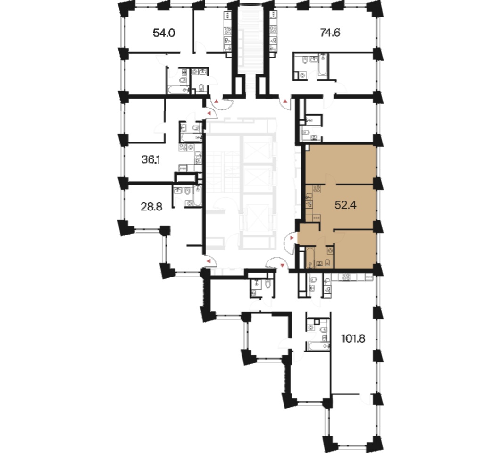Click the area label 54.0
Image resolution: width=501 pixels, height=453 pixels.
(164, 33)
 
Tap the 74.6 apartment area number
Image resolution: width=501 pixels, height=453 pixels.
(330, 33)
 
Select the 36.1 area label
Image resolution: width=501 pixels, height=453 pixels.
(150, 159)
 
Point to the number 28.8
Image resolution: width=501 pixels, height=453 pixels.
(151, 207)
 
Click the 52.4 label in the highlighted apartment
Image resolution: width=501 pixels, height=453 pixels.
(345, 205)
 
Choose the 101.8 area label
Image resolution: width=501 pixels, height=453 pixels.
(353, 338)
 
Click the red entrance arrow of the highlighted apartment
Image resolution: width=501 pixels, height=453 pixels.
(292, 238)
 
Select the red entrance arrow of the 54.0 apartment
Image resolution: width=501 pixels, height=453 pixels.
(217, 101)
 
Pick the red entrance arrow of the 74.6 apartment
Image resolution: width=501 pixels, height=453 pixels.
(285, 101)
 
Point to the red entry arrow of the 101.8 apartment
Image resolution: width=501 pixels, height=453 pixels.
(282, 265)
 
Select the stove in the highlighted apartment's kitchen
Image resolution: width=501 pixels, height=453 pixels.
(317, 189)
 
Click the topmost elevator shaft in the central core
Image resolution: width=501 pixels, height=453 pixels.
(257, 150)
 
